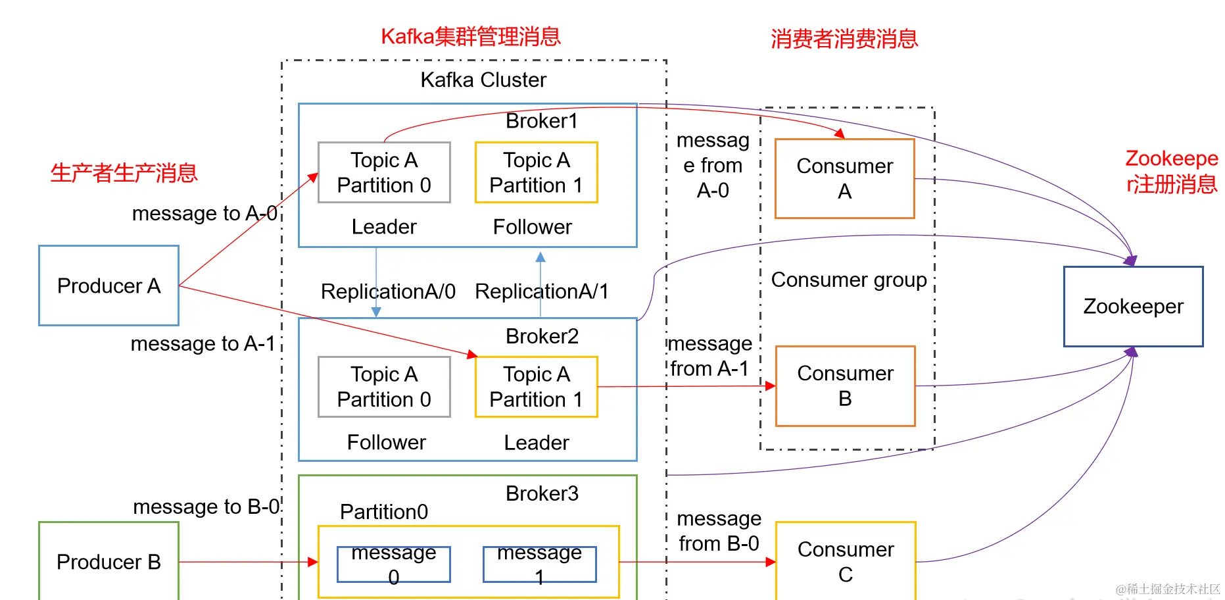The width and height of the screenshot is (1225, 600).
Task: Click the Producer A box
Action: [108, 286]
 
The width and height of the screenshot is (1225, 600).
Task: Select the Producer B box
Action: [108, 561]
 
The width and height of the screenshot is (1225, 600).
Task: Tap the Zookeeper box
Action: [1133, 307]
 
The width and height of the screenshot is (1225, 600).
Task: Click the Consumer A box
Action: [844, 178]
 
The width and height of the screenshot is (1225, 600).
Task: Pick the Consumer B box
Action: [845, 386]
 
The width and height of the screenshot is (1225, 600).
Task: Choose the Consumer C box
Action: [846, 561]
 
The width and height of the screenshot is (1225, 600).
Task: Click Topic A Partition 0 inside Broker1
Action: [384, 172]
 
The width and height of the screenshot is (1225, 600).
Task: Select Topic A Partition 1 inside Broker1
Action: [536, 172]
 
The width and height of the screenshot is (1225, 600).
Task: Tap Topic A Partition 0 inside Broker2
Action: [384, 387]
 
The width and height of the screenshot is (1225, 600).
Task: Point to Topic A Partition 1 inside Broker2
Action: [536, 387]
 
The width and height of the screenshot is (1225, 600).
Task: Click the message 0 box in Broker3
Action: [393, 564]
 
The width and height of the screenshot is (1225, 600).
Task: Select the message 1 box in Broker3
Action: [539, 564]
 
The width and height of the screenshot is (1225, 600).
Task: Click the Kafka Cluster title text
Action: [483, 80]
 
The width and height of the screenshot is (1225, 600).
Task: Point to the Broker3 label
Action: [542, 493]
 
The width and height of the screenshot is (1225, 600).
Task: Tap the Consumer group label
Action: [848, 280]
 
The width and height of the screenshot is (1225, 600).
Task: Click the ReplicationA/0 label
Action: [388, 291]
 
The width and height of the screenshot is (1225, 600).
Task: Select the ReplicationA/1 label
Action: [542, 291]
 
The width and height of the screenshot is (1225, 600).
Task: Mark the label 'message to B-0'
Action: [206, 507]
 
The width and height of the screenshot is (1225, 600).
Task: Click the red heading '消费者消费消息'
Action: [844, 39]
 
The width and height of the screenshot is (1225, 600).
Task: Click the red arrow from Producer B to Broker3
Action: [243, 562]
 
